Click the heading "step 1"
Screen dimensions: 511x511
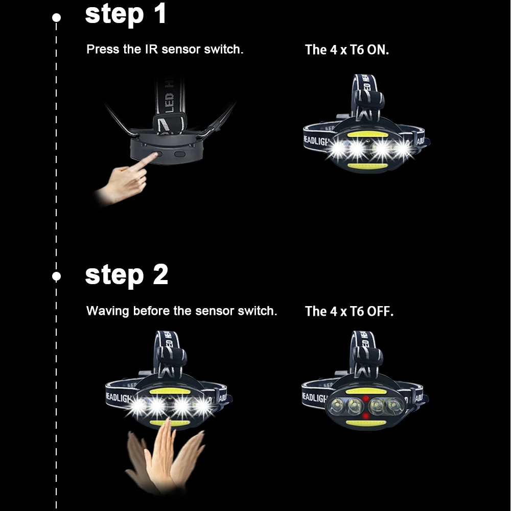click(126, 14)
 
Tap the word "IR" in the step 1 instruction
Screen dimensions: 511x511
click(152, 49)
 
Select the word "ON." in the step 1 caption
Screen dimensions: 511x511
click(378, 50)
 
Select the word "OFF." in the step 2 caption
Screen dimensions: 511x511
click(380, 311)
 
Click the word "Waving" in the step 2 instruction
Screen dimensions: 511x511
click(108, 311)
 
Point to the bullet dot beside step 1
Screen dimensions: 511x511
click(56, 17)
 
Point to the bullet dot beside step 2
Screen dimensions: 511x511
click(56, 276)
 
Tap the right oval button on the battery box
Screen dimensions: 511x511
click(180, 154)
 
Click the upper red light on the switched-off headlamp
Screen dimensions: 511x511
click(366, 399)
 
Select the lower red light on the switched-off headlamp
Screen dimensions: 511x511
click(366, 416)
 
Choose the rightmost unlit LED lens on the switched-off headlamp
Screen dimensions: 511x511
click(395, 406)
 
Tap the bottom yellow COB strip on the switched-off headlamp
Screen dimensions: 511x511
click(366, 423)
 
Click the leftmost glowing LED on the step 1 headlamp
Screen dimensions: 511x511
click(338, 150)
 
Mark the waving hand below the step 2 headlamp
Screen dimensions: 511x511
click(165, 456)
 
